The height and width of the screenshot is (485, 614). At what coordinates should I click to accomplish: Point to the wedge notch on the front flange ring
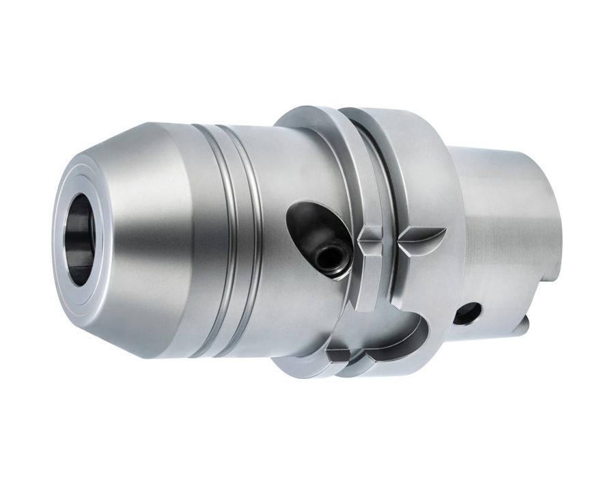[x=369, y=239]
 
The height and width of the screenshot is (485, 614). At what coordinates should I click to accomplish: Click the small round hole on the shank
[x=466, y=314]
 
